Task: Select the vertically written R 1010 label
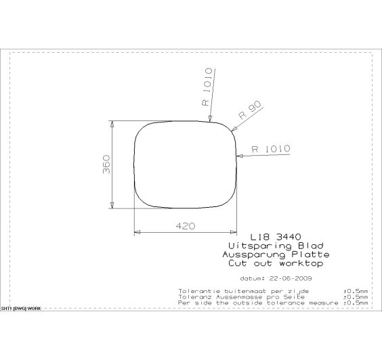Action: coord(207,87)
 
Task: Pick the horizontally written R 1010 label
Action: coord(270,149)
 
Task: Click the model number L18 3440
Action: coord(273,238)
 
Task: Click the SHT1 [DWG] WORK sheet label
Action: coord(21,308)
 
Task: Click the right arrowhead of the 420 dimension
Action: coord(235,231)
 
